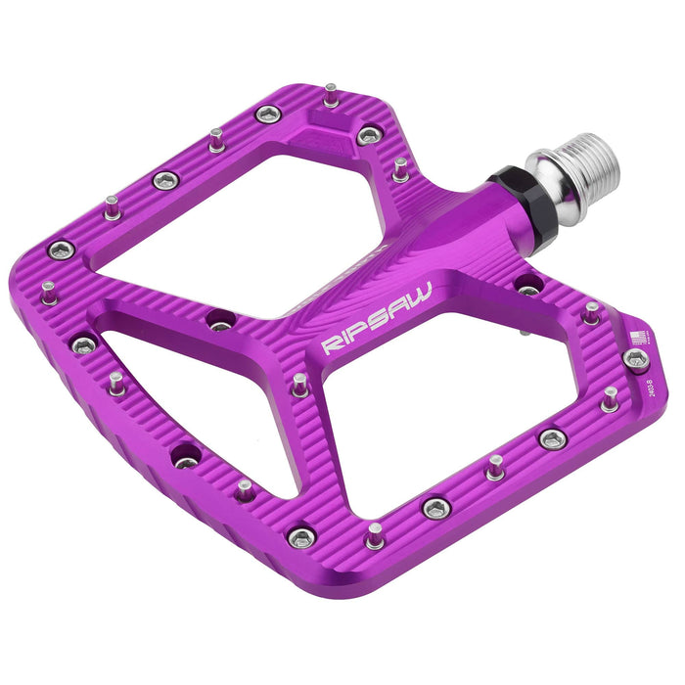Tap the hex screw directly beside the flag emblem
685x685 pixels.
tap(635, 360)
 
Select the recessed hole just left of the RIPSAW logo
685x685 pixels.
tap(221, 319)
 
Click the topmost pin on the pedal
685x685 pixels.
tap(331, 94)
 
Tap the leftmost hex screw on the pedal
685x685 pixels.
tap(61, 250)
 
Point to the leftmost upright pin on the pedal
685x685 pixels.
tap(48, 292)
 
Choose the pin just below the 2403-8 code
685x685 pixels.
tap(610, 397)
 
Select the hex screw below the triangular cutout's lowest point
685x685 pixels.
tap(301, 536)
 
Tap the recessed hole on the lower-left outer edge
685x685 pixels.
tap(184, 456)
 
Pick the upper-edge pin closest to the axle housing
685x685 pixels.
tap(400, 167)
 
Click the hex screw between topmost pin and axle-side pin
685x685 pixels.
tap(369, 135)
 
